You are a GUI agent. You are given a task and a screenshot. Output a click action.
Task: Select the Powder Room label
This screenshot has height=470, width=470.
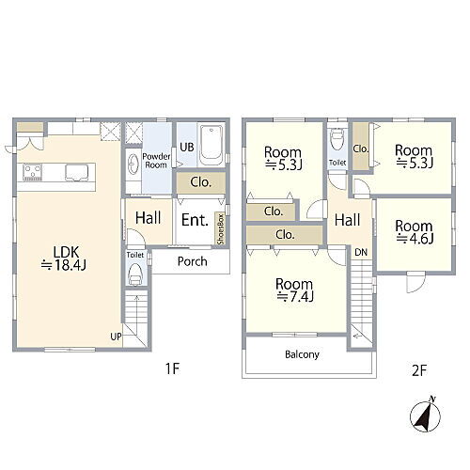pos(156,161)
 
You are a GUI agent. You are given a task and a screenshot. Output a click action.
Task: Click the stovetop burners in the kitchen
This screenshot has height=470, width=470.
pos(33,173)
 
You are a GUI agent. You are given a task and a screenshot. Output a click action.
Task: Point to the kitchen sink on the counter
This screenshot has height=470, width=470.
pos(77,173)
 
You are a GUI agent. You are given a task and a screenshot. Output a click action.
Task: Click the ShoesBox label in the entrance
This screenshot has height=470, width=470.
pos(221,229)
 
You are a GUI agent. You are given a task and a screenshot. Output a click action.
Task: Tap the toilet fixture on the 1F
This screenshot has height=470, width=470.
pos(135,274)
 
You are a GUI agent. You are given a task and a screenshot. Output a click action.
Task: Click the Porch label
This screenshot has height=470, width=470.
pos(192,261)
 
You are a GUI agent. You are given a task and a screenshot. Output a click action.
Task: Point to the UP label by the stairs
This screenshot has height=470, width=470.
pos(116,337)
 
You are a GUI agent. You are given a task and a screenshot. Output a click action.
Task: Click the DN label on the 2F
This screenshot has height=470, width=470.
pos(361,252)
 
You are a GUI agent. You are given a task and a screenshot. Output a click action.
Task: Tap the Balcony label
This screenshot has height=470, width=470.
pos(302,354)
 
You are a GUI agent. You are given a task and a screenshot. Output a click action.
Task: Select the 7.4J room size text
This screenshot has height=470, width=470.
pos(295,296)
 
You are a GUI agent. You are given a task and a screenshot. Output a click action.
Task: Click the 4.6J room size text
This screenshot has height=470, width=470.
pos(415,239)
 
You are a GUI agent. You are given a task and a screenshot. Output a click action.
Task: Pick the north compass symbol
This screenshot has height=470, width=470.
pos(425,415)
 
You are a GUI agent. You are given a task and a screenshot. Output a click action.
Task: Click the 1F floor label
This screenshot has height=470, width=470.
pos(172,368)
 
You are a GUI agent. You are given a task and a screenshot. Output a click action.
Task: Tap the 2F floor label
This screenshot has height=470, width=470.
pos(419,370)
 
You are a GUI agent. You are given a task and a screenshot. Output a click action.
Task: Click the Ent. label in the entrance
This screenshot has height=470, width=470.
pos(195,220)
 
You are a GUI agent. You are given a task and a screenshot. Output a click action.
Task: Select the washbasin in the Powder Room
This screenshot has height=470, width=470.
pos(133,164)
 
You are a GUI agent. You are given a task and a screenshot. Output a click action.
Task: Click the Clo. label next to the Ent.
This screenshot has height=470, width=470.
pos(201,182)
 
